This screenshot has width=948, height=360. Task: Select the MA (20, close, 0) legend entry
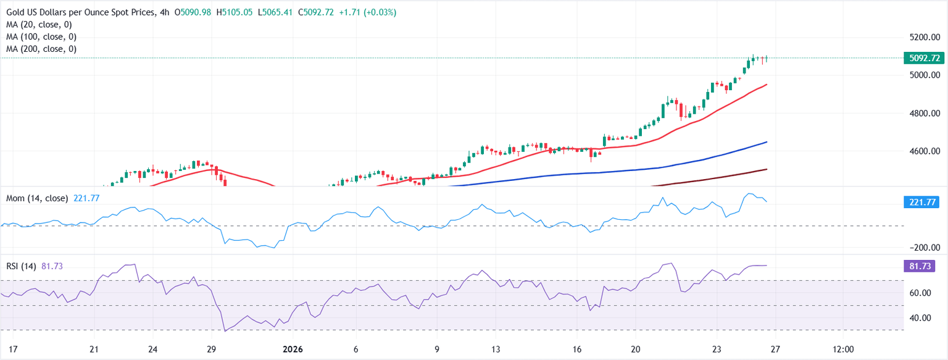41,25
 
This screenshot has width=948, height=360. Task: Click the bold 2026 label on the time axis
293,349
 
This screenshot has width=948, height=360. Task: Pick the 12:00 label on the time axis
843,349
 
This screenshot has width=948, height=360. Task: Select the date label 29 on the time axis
211,349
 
